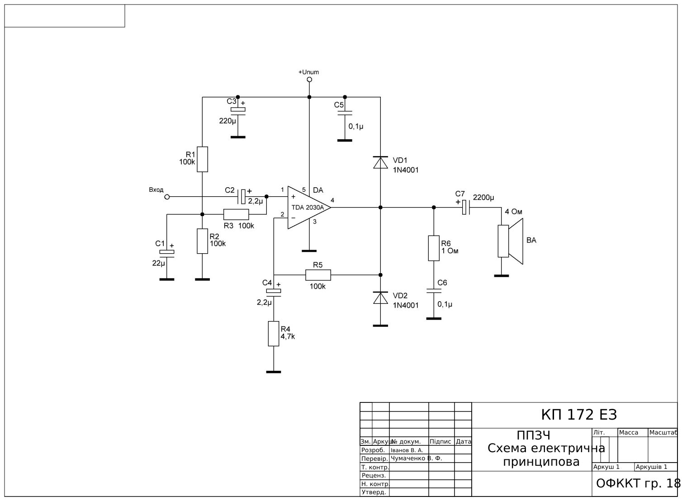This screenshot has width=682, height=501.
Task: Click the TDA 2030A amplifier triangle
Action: (x=308, y=208)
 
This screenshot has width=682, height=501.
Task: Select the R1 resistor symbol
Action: (x=203, y=159)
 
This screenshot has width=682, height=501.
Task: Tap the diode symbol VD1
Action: (x=380, y=162)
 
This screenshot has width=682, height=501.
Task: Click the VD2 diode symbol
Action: (x=380, y=298)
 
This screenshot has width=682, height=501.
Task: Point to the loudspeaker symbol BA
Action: (x=511, y=241)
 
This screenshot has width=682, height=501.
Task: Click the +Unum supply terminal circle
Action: (x=309, y=80)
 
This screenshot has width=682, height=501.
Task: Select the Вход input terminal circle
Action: (x=167, y=197)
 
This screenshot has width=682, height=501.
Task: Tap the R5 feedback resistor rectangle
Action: (x=318, y=274)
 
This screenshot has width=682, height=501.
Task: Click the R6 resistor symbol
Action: (x=434, y=248)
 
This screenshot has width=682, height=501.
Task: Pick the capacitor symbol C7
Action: (x=466, y=208)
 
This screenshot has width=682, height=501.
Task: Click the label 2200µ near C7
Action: (x=483, y=198)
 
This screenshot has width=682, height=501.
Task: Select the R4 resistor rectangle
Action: (x=274, y=334)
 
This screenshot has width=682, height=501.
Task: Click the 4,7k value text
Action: (x=288, y=336)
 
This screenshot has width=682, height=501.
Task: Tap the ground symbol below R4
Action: (x=274, y=372)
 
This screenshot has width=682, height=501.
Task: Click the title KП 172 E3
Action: (x=579, y=415)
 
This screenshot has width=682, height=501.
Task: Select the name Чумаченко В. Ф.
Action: (x=416, y=458)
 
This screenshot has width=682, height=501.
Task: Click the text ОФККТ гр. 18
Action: (x=638, y=483)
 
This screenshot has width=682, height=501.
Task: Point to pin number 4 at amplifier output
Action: (x=332, y=200)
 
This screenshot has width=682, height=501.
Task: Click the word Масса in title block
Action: (x=628, y=433)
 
